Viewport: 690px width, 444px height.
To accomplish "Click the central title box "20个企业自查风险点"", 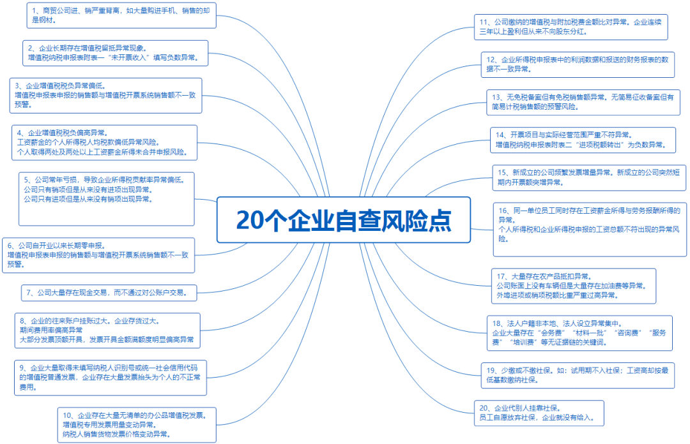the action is pyautogui.click(x=344, y=220).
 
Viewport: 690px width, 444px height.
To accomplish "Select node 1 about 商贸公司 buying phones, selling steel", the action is pyautogui.click(x=121, y=15).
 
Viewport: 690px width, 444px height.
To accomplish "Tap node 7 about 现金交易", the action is pyautogui.click(x=109, y=293).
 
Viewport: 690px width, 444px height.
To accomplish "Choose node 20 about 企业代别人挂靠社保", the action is pyautogui.click(x=539, y=413).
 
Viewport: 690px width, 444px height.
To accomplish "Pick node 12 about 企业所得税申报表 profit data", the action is pyautogui.click(x=578, y=64).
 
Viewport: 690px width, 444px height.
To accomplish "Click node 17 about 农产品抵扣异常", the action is pyautogui.click(x=574, y=286).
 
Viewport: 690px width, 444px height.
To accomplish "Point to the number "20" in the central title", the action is pyautogui.click(x=249, y=220).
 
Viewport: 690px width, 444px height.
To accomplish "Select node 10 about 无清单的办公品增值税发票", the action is pyautogui.click(x=137, y=425).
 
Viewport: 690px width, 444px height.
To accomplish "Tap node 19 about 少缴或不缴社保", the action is pyautogui.click(x=578, y=375).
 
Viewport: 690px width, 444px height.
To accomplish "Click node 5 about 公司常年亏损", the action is pyautogui.click(x=107, y=199).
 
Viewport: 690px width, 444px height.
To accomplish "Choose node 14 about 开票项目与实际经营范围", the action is pyautogui.click(x=583, y=140).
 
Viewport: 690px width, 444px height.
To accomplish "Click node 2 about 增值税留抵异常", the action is pyautogui.click(x=115, y=53).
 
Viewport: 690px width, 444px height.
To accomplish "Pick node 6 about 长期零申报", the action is pyautogui.click(x=98, y=255).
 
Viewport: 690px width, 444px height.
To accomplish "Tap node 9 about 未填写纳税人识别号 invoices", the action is pyautogui.click(x=111, y=378).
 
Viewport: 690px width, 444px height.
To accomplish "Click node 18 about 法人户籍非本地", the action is pyautogui.click(x=580, y=333).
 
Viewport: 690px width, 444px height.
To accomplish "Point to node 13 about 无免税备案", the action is pyautogui.click(x=583, y=103).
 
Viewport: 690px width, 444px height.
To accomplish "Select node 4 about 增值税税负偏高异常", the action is pyautogui.click(x=104, y=143).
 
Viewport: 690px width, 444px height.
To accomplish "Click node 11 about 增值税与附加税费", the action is pyautogui.click(x=571, y=27).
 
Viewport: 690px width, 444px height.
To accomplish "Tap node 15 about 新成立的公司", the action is pyautogui.click(x=589, y=178).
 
